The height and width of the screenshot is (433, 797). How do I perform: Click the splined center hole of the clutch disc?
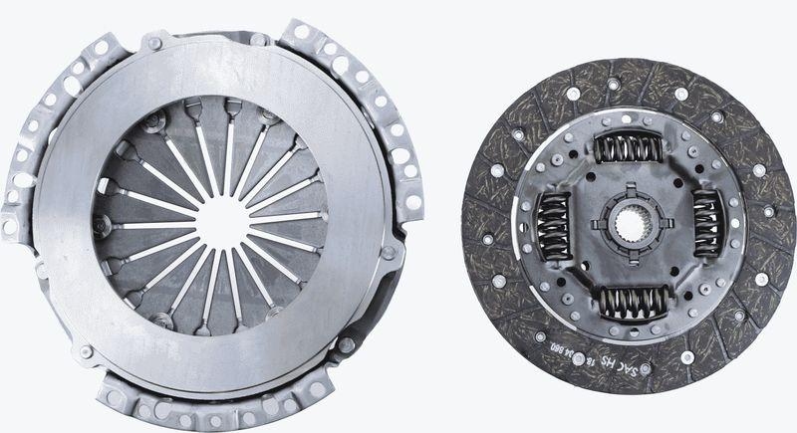tap(630, 224)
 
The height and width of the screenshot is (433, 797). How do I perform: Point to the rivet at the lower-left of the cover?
tap(86, 350)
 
